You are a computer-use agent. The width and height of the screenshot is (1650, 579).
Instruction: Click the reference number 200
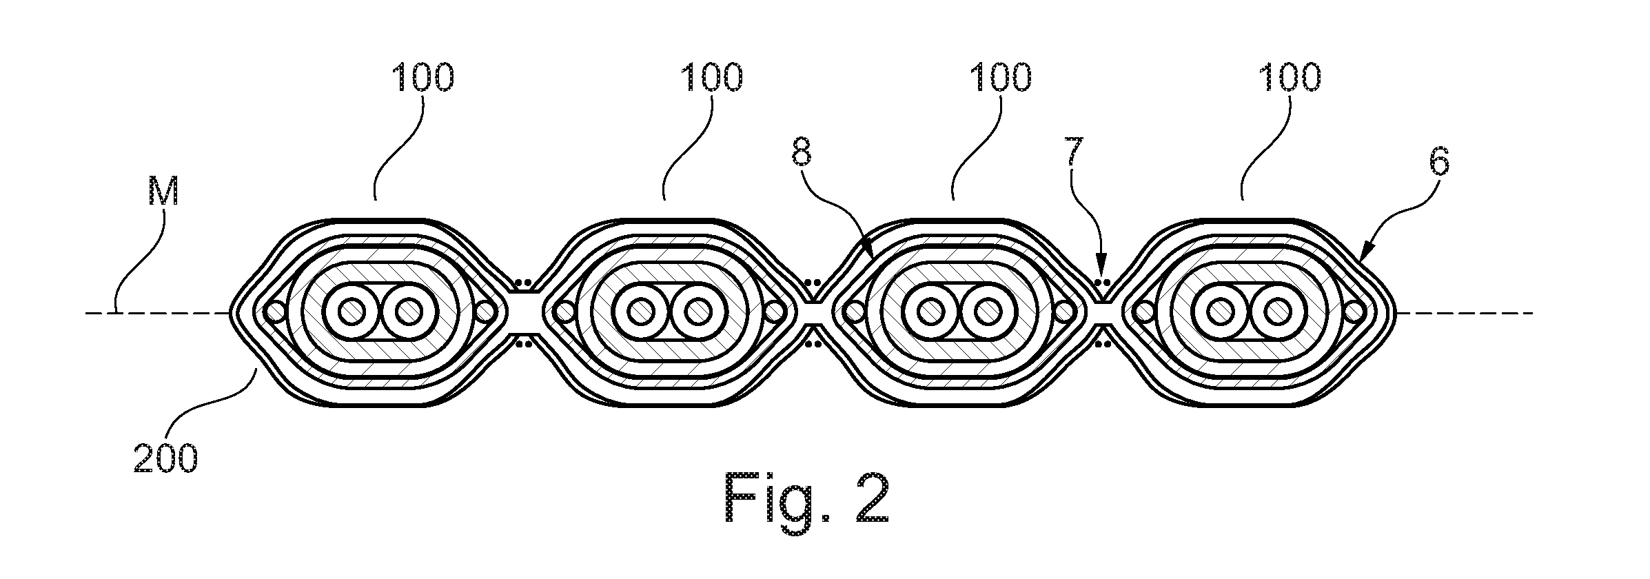pyautogui.click(x=165, y=458)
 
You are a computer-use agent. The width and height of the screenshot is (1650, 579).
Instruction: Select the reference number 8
pyautogui.click(x=802, y=153)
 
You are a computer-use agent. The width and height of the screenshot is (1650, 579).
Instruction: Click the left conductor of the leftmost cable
pyautogui.click(x=352, y=312)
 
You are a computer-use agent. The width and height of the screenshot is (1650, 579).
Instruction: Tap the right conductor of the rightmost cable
pyautogui.click(x=1277, y=312)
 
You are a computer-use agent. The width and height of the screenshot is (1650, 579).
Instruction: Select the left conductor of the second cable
pyautogui.click(x=642, y=312)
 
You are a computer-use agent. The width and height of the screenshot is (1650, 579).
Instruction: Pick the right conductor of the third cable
pyautogui.click(x=988, y=312)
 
